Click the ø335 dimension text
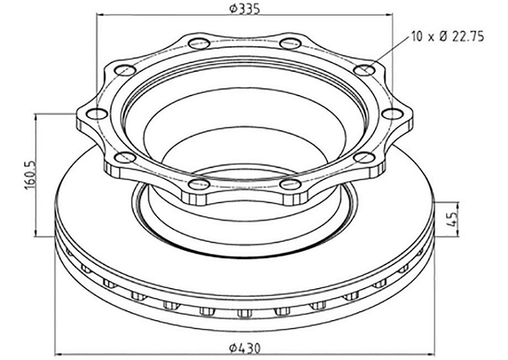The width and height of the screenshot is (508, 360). pyautogui.click(x=246, y=9)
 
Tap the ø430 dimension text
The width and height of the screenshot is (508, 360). pyautogui.click(x=245, y=348)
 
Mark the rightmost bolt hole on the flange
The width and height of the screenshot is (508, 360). pyautogui.click(x=393, y=114)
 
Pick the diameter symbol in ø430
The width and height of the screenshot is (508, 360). pyautogui.click(x=233, y=348)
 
